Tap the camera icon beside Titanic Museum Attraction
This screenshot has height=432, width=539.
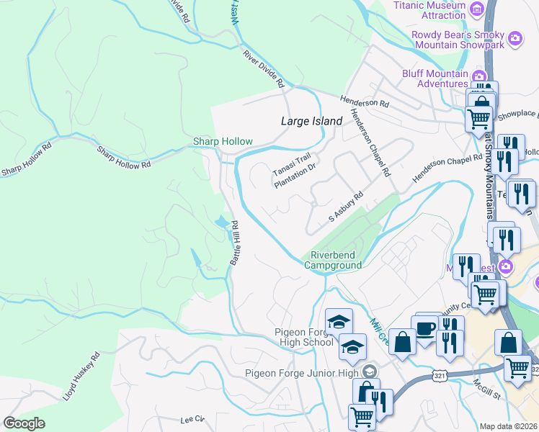coord(476,9)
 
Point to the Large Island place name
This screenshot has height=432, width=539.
coord(311,122)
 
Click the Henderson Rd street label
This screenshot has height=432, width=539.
coord(365,102)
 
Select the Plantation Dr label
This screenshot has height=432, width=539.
coord(295,176)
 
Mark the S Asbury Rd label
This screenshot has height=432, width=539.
coord(346,207)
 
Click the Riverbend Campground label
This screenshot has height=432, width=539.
coord(332,260)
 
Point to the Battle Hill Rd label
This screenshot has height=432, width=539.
coord(236,243)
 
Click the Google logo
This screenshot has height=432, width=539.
coord(24,423)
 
